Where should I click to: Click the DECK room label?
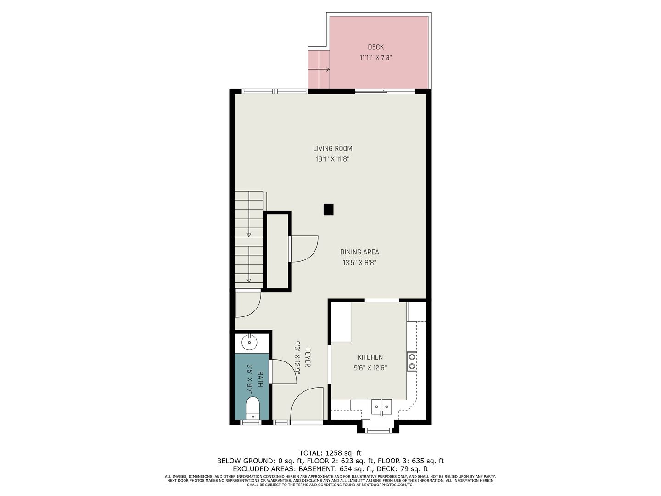pos(375,47)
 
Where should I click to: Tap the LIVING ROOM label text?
pos(332,148)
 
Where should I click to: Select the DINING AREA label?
pos(359,252)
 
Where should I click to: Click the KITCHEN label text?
pos(370,357)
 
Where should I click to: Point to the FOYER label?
pos(308,357)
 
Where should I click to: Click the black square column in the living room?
pos(328,209)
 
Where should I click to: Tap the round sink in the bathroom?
pos(249,343)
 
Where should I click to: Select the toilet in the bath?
pos(252,408)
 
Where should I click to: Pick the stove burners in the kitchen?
pos(412,361)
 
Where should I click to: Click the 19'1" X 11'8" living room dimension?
pos(332,159)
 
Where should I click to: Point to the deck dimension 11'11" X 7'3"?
pos(375,57)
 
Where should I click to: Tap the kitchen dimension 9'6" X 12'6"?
pos(370,368)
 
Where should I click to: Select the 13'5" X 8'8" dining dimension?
pos(359,263)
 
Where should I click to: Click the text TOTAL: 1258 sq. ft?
pos(330,453)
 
